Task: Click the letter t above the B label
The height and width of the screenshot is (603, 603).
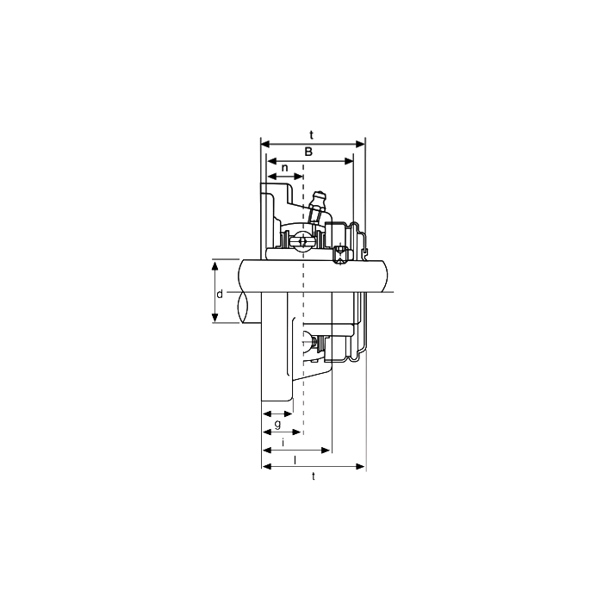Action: click(x=312, y=135)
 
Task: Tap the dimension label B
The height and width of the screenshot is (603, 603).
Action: click(x=308, y=152)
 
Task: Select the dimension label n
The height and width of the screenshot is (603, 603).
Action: click(x=284, y=168)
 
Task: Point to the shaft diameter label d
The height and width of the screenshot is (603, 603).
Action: click(x=220, y=295)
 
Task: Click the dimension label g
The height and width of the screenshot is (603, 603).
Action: click(x=277, y=424)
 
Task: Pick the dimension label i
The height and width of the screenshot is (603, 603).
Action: click(x=283, y=442)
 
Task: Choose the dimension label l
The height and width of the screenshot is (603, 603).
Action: click(x=295, y=459)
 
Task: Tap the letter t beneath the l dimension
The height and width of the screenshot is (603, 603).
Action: click(x=314, y=476)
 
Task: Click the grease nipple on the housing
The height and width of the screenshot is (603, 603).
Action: click(x=318, y=206)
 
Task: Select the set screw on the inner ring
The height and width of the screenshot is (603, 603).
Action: click(x=339, y=254)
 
